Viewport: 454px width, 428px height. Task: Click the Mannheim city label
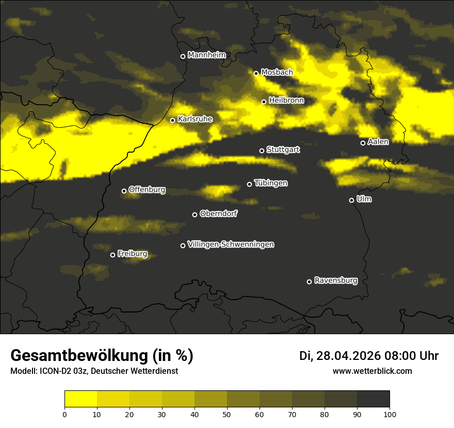(207, 55)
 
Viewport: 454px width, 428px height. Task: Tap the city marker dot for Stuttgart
(262, 151)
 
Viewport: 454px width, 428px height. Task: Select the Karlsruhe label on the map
(195, 119)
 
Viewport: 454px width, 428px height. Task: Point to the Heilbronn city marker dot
(264, 102)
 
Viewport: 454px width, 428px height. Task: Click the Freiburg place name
(132, 254)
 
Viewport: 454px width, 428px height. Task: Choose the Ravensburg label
(335, 281)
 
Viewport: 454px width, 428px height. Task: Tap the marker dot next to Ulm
(351, 200)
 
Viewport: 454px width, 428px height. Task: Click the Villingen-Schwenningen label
(231, 244)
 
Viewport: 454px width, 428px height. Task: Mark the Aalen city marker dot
(363, 143)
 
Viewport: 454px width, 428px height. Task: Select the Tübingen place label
(271, 183)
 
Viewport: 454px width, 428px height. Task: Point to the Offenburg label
(147, 190)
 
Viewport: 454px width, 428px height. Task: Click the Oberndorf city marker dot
(194, 215)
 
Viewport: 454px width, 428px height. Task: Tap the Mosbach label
(277, 72)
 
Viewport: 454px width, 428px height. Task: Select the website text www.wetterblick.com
(372, 371)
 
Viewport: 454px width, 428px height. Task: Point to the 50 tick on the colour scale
(227, 414)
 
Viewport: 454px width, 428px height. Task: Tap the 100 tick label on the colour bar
(390, 414)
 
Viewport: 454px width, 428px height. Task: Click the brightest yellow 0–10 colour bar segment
(81, 399)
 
